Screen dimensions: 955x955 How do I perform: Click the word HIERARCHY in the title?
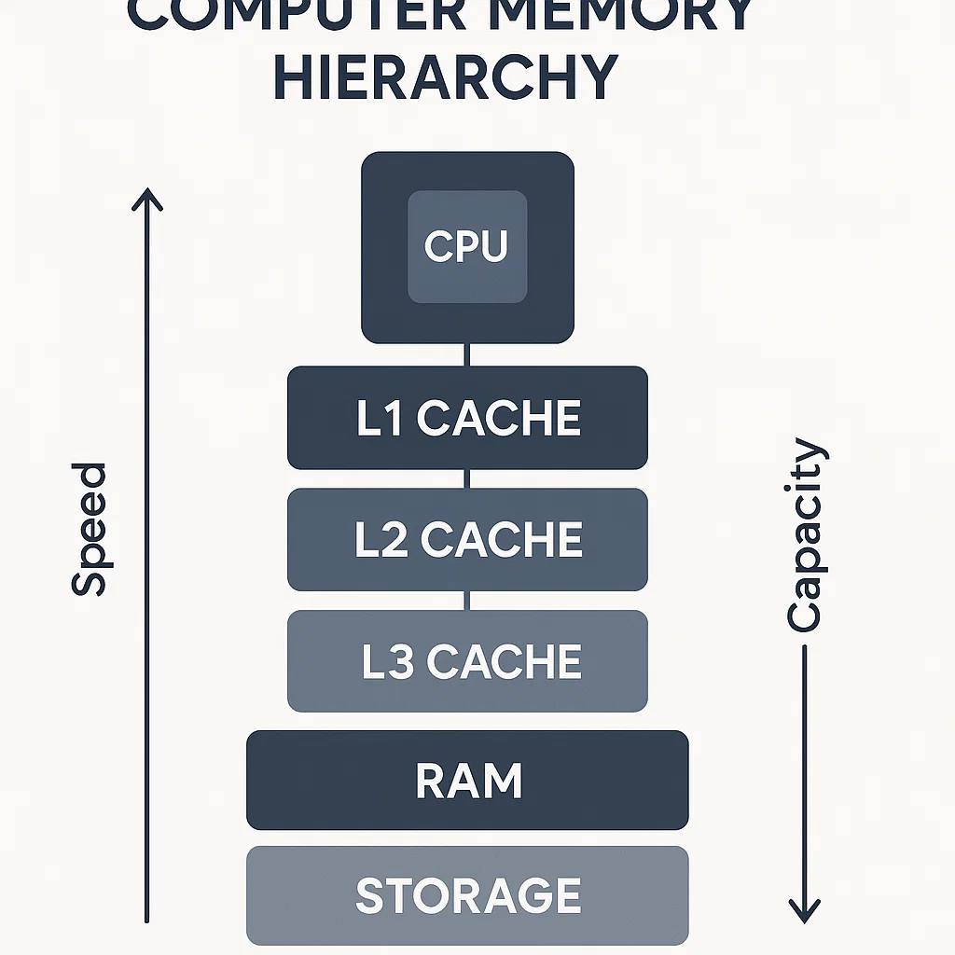446,76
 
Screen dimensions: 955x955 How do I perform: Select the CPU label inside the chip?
466,246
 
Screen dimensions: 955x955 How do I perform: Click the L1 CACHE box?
467,418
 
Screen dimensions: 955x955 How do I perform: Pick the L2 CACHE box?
467,540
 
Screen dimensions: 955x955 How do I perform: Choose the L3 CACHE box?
467,661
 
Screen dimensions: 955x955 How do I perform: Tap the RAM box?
467,781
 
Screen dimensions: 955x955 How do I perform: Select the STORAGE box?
467,896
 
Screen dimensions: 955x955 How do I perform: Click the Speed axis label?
90,529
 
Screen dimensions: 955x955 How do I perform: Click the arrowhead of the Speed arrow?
146,198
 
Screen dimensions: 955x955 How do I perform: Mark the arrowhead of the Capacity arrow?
804,910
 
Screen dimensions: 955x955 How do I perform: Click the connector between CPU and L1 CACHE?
467,355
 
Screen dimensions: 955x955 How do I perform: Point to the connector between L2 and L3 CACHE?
467,601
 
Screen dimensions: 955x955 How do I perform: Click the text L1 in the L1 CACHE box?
380,419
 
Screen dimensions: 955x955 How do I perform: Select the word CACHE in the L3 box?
504,662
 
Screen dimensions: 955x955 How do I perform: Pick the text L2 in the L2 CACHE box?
381,541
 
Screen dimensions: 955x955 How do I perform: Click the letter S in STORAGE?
371,896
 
